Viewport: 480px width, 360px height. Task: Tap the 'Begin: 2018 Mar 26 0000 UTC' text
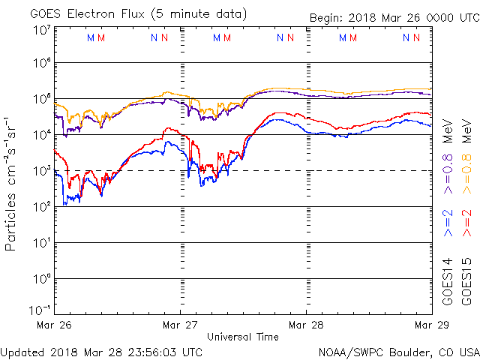(394, 19)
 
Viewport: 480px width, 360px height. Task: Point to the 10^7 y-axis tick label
(41, 29)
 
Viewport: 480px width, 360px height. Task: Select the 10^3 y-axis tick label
(41, 170)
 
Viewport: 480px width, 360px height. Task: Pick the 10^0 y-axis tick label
(41, 278)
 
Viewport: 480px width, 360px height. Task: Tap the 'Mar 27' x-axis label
(181, 325)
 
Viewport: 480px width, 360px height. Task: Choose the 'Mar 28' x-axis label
(306, 325)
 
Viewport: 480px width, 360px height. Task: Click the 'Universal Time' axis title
(243, 337)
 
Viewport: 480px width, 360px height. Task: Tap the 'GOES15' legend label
(466, 278)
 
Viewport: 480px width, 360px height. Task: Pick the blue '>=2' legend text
(448, 223)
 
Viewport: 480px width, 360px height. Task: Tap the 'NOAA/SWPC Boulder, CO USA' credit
(398, 351)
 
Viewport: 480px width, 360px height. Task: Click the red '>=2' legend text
(466, 223)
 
